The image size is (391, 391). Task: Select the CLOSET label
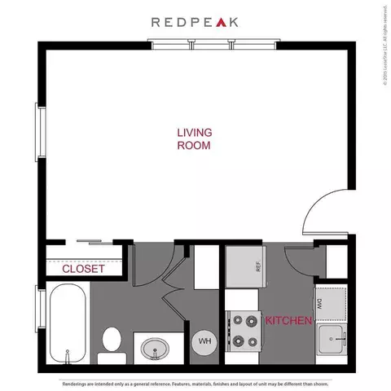point(83,268)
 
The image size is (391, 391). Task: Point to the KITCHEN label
point(288,321)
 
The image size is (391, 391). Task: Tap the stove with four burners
point(242,332)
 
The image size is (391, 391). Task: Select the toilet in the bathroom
point(112,345)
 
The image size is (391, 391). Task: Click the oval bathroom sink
point(153,349)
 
